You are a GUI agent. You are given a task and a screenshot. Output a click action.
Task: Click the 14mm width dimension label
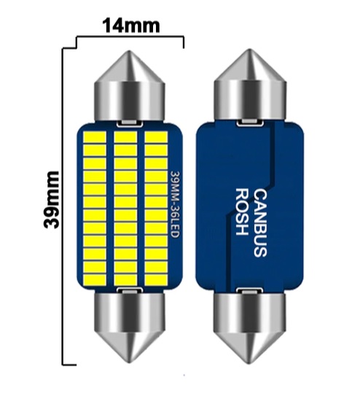(131, 26)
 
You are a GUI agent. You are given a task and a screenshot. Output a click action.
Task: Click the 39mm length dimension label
(52, 201)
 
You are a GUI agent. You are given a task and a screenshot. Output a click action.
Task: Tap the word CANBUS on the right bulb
(260, 224)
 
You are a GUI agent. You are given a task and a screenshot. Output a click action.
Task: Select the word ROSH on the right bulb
(241, 212)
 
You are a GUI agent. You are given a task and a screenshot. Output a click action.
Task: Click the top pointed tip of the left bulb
(130, 51)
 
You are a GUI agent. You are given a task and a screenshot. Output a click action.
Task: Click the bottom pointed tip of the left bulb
(130, 362)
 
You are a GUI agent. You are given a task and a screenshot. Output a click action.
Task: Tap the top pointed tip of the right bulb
(250, 50)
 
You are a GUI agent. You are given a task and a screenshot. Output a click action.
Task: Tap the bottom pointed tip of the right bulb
(250, 363)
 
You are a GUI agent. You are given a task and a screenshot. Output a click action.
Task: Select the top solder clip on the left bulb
(130, 123)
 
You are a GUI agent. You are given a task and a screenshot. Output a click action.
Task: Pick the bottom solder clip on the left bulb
(130, 290)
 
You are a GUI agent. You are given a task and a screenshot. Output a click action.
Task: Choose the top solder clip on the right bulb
(250, 123)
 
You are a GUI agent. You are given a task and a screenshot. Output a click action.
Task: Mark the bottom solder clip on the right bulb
(250, 291)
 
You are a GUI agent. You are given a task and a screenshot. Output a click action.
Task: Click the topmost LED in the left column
(95, 137)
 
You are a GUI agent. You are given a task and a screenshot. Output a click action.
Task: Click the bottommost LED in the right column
(157, 279)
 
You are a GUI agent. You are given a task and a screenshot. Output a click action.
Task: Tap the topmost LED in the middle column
(125, 137)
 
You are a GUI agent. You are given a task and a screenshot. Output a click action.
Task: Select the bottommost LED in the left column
(95, 279)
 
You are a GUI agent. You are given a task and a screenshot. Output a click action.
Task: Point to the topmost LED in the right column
(157, 137)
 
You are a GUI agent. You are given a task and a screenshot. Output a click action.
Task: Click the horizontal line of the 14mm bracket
(130, 37)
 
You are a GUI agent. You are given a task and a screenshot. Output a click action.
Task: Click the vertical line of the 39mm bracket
(63, 206)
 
